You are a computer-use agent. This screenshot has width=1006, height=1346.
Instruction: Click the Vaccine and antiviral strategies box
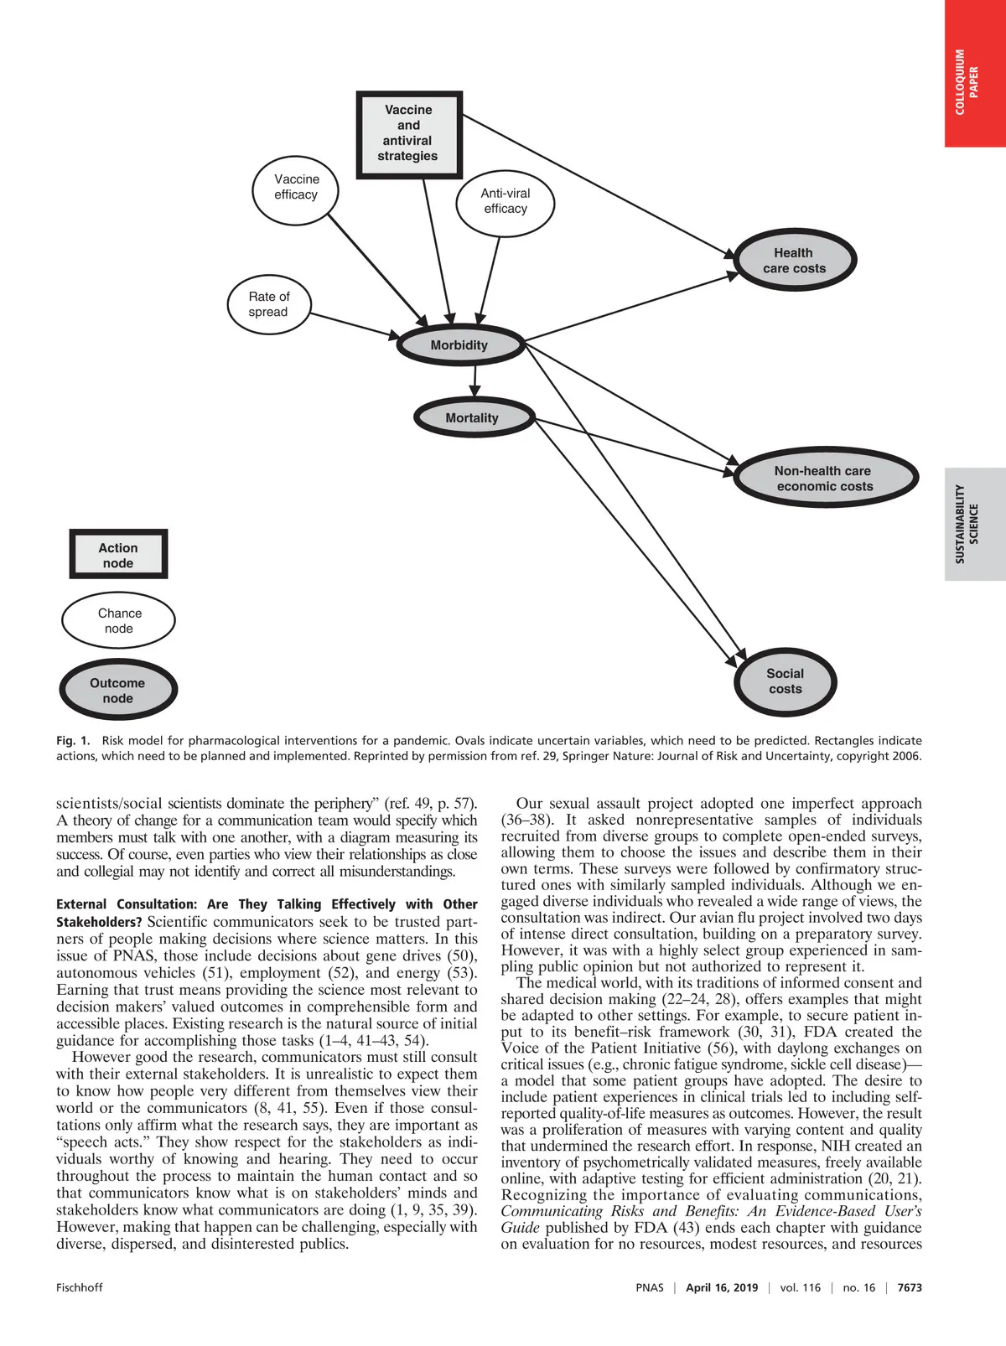click(409, 134)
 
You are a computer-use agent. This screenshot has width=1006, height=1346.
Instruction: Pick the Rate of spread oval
click(269, 304)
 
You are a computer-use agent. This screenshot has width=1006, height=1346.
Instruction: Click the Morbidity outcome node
click(459, 345)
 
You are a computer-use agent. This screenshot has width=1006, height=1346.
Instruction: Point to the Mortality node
click(472, 418)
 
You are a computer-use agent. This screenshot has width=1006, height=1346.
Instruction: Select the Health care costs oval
click(794, 261)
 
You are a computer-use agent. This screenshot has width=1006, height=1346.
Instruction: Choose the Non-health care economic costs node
click(824, 479)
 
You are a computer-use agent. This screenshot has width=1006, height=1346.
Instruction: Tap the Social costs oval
click(785, 681)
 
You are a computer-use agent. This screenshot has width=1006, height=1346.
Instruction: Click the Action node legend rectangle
click(118, 555)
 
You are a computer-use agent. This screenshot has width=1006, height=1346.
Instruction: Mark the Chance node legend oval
click(118, 621)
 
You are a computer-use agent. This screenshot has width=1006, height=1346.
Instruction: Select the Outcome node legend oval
click(118, 691)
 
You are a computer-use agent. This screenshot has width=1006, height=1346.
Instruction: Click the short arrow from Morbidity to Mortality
click(475, 381)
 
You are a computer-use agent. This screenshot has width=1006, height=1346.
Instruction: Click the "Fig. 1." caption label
click(72, 741)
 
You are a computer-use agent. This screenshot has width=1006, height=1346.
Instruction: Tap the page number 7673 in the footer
click(910, 1287)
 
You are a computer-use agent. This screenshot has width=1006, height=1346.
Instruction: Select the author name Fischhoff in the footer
click(80, 1287)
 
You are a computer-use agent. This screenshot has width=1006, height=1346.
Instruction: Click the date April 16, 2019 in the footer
click(721, 1287)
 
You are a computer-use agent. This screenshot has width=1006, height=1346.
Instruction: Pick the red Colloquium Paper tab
click(975, 74)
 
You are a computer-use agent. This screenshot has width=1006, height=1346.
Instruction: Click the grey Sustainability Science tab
click(975, 524)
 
